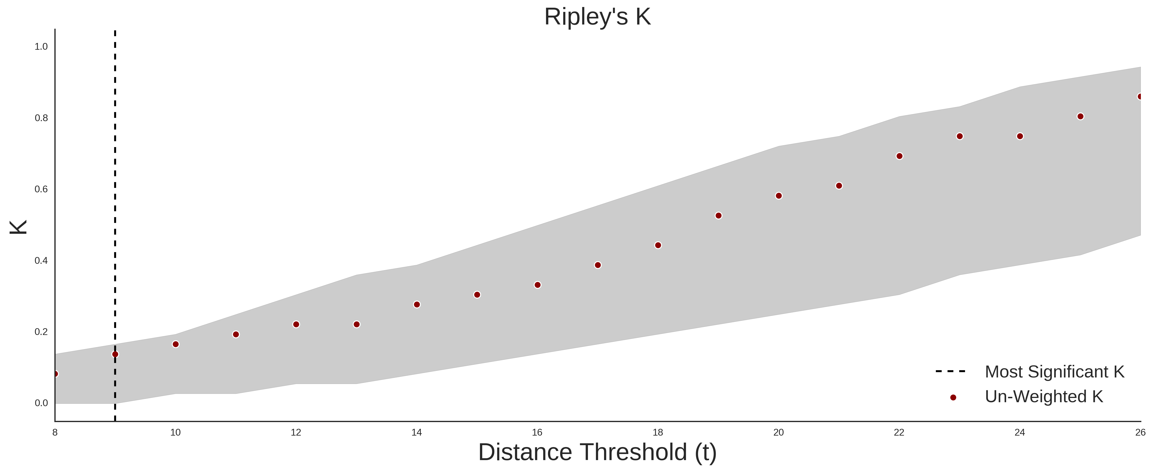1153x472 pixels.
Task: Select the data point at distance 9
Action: pyautogui.click(x=115, y=354)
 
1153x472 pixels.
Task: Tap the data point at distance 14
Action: pyautogui.click(x=417, y=305)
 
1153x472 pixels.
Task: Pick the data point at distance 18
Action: pyautogui.click(x=658, y=245)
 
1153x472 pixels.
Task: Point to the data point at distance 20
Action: pyautogui.click(x=779, y=196)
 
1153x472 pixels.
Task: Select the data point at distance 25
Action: pyautogui.click(x=1080, y=116)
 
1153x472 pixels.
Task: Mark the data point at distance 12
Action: pyautogui.click(x=296, y=324)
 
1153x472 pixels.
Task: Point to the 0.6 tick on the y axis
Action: pyautogui.click(x=41, y=189)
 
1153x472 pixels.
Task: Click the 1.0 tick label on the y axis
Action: pyautogui.click(x=41, y=46)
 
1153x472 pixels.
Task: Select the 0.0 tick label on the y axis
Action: pyautogui.click(x=41, y=403)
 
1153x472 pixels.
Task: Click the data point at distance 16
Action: pyautogui.click(x=538, y=285)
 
